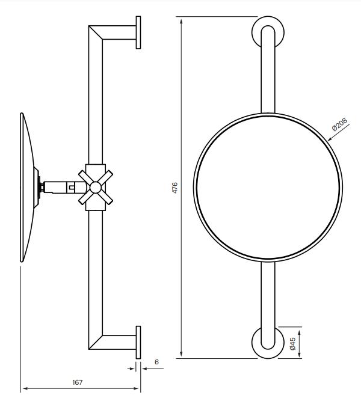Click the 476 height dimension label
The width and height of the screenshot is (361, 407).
coord(175,188)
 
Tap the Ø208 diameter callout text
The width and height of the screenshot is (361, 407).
coord(339,124)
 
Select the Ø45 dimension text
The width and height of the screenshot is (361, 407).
coord(292,343)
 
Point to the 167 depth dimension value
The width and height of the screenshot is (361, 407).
coord(78,382)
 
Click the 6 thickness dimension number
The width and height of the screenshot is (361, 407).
coord(156,362)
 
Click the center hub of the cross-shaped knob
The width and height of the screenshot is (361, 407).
coord(96,188)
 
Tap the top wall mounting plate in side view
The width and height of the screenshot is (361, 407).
coord(138,32)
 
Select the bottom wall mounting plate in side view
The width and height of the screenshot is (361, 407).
coord(138,342)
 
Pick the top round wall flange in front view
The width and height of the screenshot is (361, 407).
coord(268,32)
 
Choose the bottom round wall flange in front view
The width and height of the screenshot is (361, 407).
coord(268,342)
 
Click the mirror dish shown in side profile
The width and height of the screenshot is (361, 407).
coord(26,188)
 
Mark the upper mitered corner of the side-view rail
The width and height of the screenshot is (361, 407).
coord(96,32)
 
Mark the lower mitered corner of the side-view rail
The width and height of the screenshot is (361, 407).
coord(96,342)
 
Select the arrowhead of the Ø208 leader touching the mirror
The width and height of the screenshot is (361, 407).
coord(330,139)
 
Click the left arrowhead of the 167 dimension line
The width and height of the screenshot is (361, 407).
coord(25,388)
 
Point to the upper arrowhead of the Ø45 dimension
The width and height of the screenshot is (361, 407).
coord(300,333)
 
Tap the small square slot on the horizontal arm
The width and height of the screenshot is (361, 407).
coord(72,186)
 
